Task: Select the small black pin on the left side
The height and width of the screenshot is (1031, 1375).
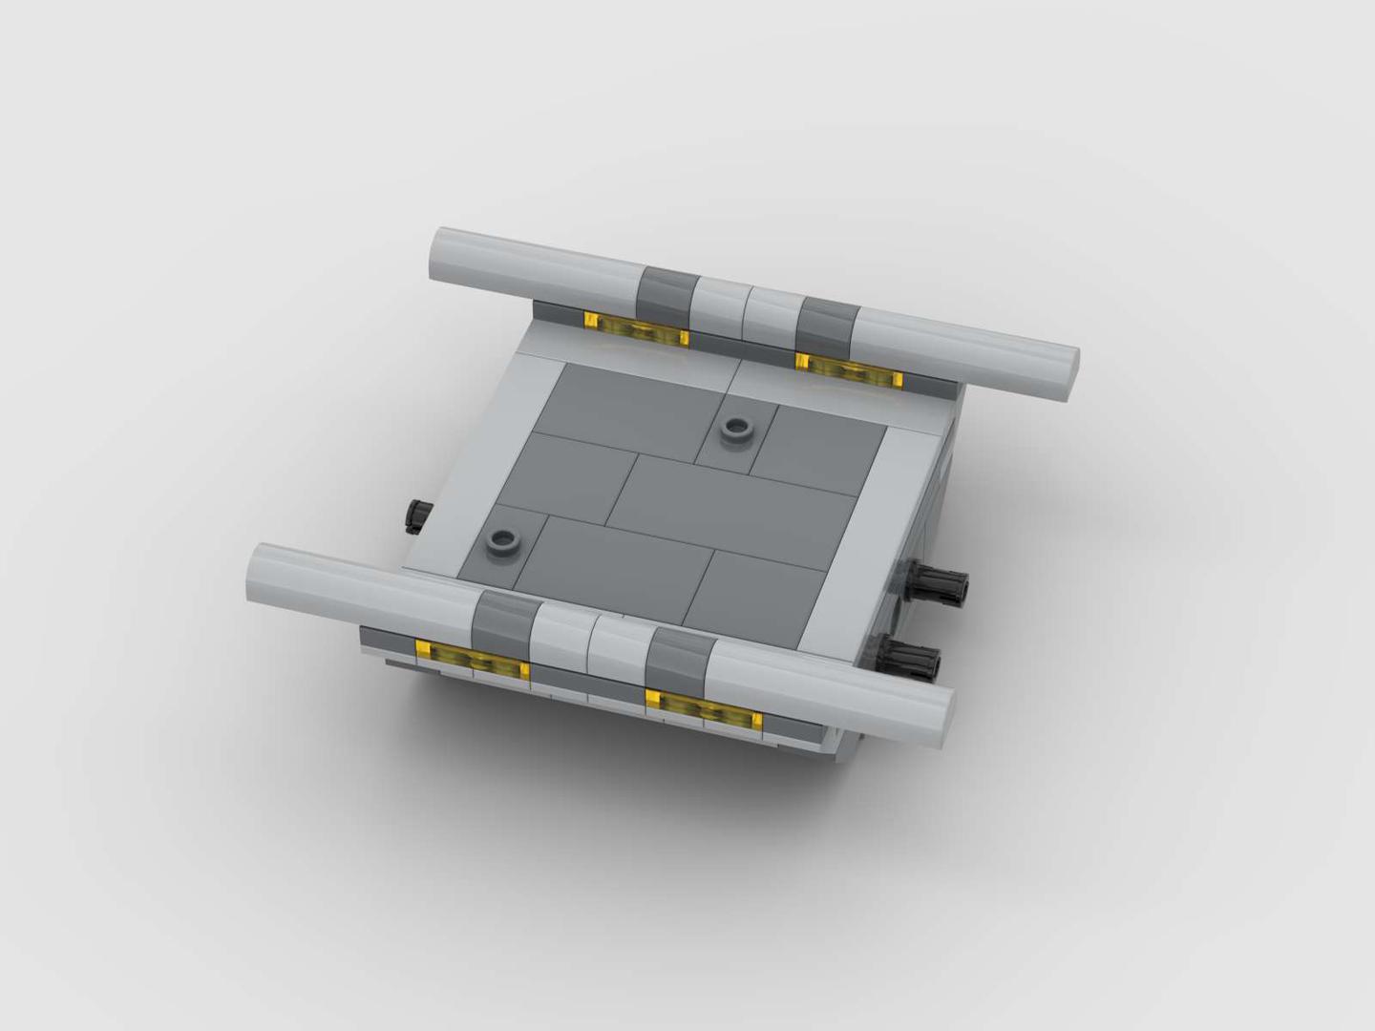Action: click(x=418, y=515)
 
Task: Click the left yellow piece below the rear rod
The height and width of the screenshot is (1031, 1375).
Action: click(x=637, y=330)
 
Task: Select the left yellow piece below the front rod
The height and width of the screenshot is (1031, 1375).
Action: click(x=473, y=660)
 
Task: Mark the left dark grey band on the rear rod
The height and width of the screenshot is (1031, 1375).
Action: click(x=666, y=292)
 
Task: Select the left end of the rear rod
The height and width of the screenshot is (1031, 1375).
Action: click(x=445, y=255)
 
